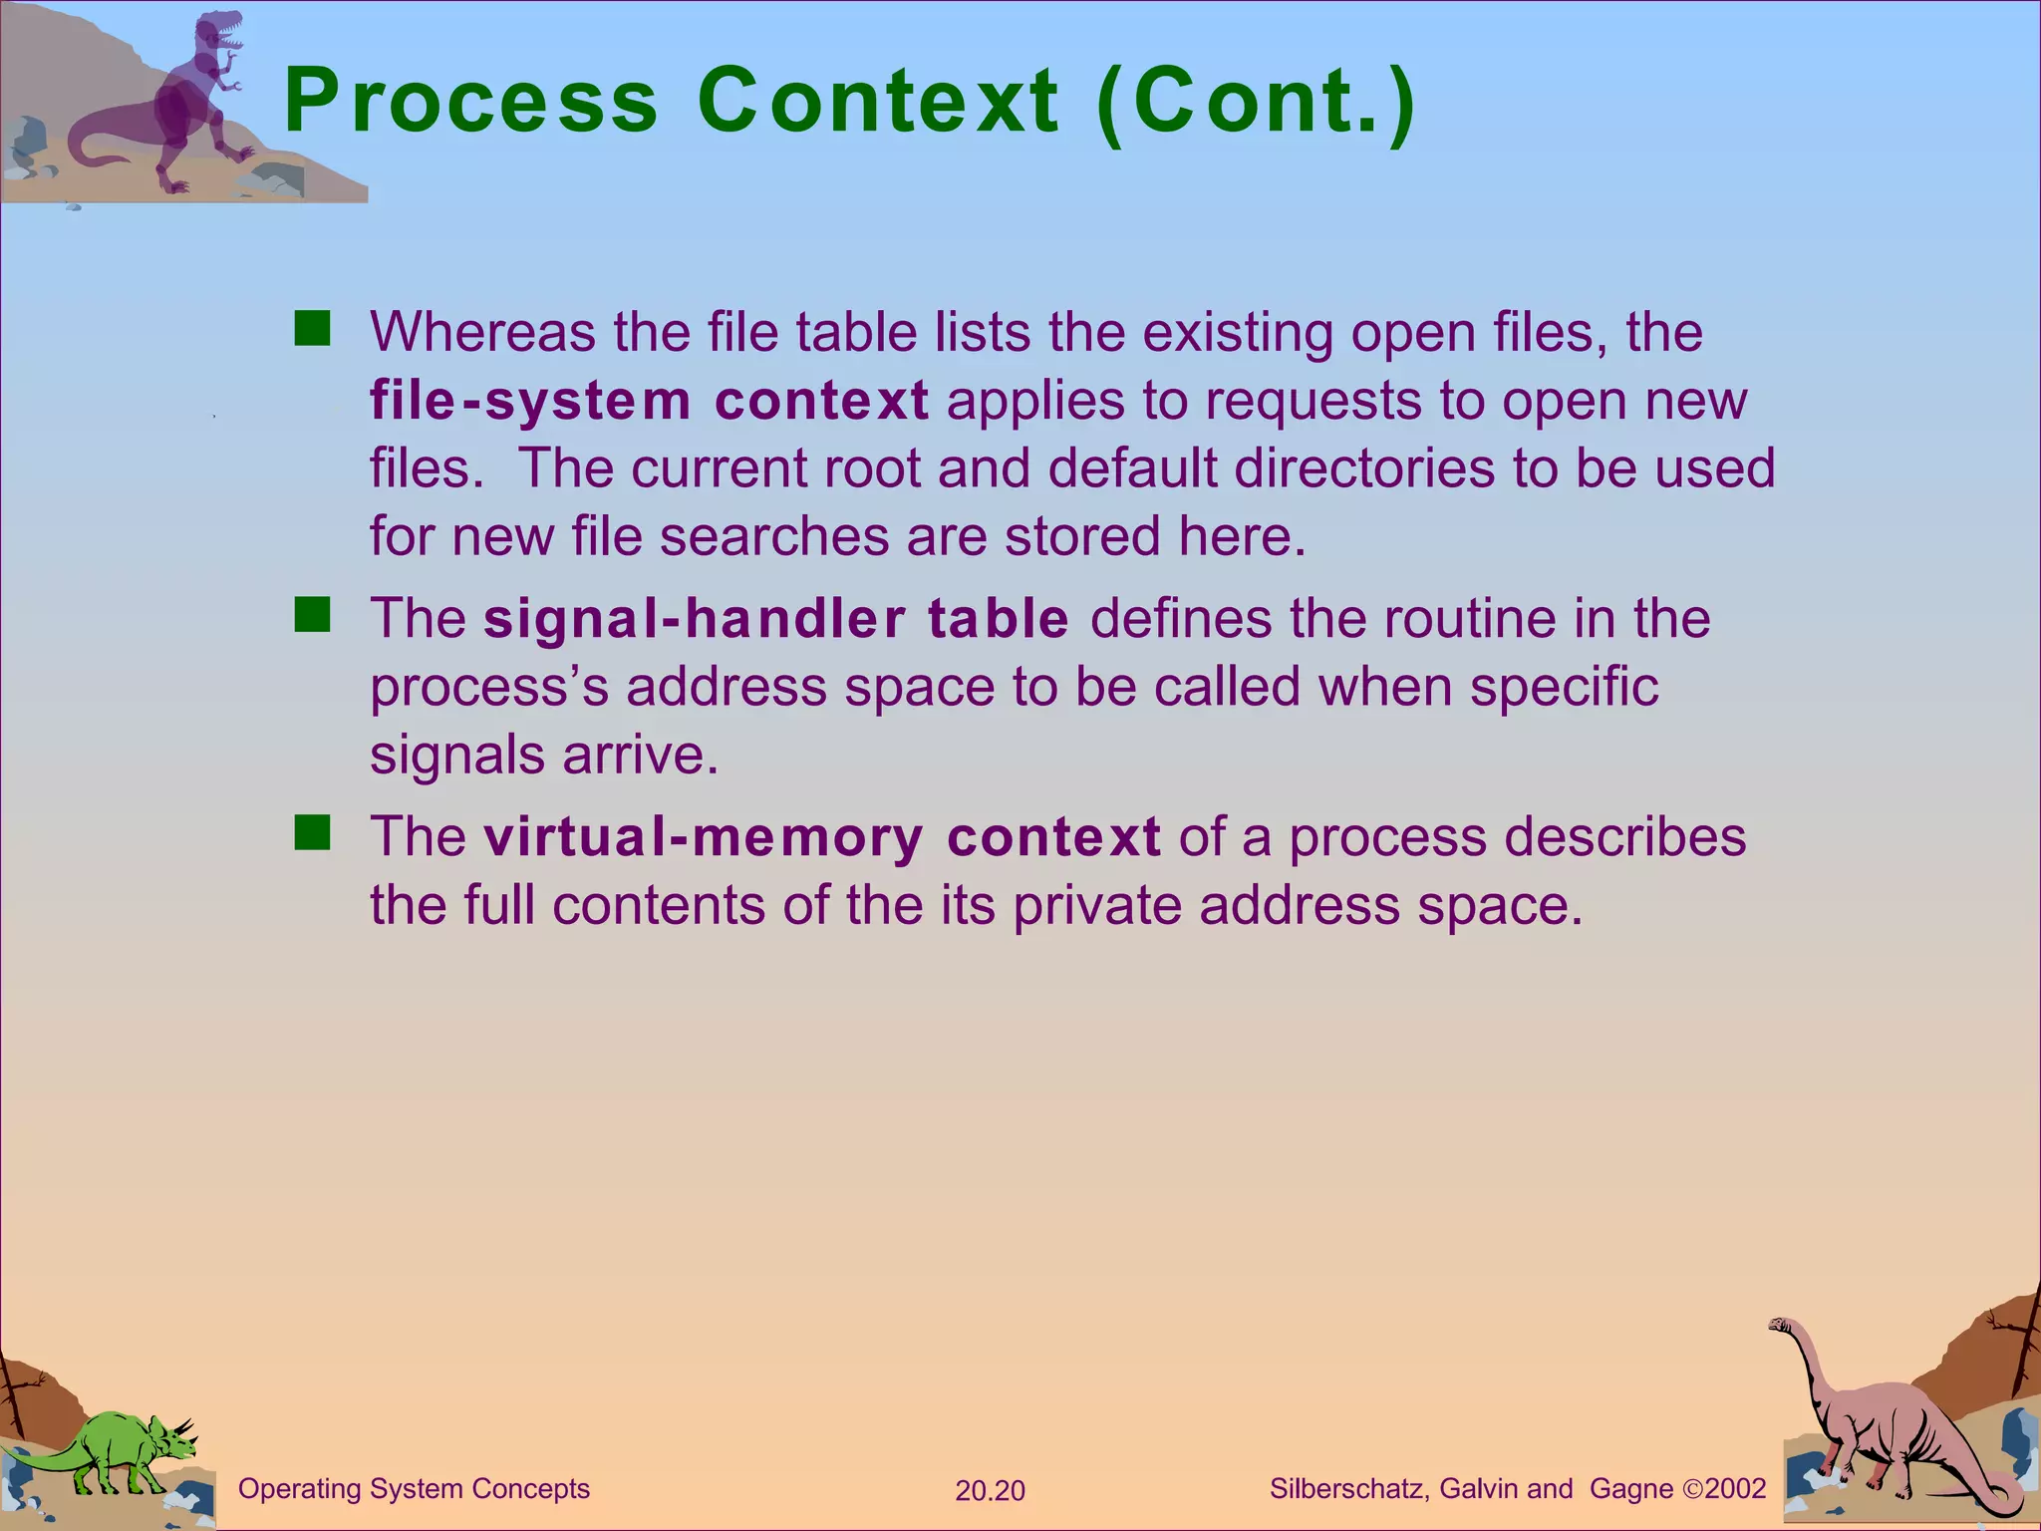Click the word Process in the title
(470, 101)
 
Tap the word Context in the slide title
(877, 101)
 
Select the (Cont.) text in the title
(1254, 103)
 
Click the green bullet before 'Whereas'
(312, 329)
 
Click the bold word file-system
(530, 401)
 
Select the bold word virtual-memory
(704, 836)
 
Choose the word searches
(773, 536)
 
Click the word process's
(488, 688)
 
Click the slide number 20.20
(990, 1491)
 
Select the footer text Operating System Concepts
(414, 1489)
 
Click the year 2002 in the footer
(1735, 1489)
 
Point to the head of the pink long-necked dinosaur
(1781, 1326)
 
